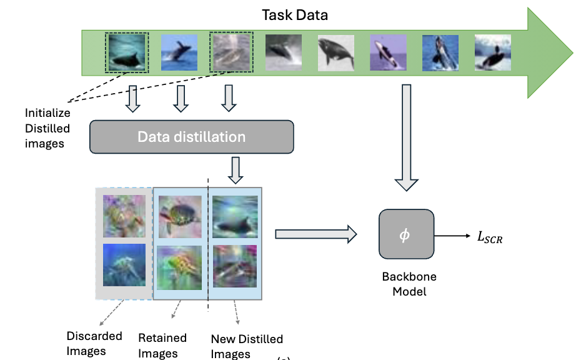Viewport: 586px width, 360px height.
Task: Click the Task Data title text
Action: point(295,15)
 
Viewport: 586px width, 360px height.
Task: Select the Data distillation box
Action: point(192,136)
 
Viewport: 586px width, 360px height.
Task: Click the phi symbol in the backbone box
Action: point(405,234)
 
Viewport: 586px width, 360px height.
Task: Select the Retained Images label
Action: point(162,346)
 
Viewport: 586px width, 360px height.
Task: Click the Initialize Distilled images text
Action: point(47,128)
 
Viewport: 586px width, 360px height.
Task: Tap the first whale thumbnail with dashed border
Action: point(127,52)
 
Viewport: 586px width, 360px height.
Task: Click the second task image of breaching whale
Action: point(179,52)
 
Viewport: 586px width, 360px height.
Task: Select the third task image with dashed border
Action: point(231,52)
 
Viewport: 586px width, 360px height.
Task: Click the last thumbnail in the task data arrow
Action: point(492,52)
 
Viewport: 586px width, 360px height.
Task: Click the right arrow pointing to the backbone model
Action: point(315,234)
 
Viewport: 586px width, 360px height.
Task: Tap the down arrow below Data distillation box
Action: point(235,170)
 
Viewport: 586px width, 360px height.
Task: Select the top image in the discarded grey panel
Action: point(124,216)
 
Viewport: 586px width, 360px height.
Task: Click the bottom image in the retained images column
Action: point(180,267)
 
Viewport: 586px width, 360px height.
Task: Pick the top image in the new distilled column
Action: point(235,216)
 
